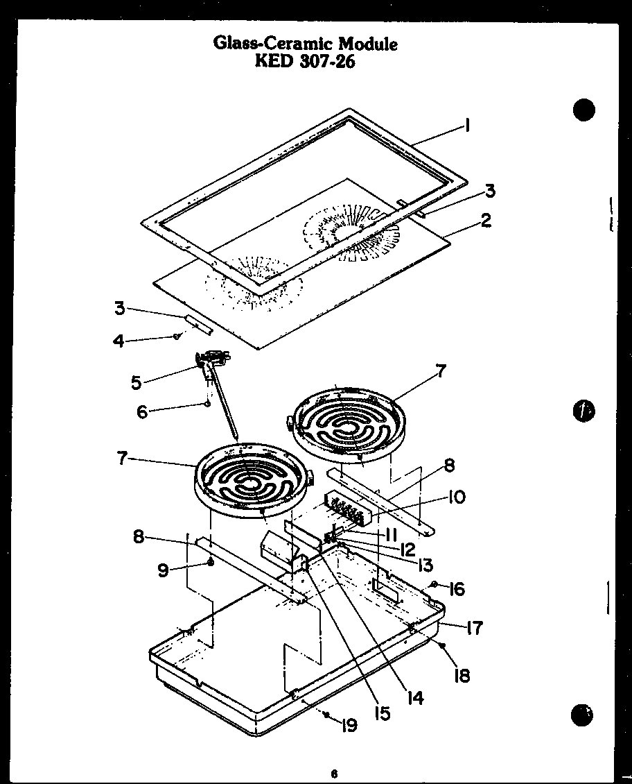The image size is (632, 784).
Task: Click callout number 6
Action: (142, 411)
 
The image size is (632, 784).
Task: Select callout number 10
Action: (457, 497)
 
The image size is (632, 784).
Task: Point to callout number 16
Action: (456, 590)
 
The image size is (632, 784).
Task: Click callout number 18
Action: (462, 674)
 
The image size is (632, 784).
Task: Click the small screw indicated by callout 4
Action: (177, 336)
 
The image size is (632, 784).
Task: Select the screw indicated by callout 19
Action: (324, 715)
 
